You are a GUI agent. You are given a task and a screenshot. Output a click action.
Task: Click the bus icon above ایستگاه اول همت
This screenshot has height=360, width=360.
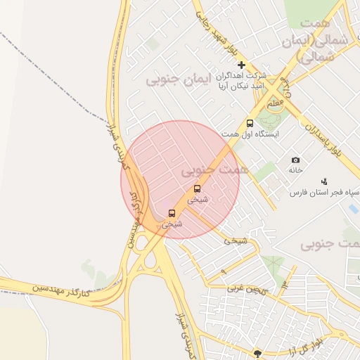click(250, 124)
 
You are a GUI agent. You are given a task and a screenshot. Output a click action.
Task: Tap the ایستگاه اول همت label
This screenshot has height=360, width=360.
click(250, 134)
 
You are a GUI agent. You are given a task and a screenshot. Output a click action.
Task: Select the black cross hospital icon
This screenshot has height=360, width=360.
click(241, 64)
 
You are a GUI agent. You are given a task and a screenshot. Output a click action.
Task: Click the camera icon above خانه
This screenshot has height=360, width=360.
click(295, 160)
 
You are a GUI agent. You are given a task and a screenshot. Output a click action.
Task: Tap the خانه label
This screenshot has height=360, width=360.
click(295, 170)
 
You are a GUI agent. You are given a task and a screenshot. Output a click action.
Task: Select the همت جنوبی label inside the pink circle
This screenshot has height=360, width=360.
click(214, 170)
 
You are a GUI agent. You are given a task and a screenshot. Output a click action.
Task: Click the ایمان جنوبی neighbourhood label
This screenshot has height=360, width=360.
click(179, 80)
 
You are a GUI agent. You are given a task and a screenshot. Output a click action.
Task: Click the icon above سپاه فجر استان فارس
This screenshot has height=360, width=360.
click(324, 181)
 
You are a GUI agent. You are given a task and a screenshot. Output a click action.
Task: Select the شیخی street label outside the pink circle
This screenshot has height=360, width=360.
click(236, 240)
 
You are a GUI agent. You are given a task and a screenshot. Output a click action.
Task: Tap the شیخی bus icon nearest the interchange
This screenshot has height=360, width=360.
click(172, 213)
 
